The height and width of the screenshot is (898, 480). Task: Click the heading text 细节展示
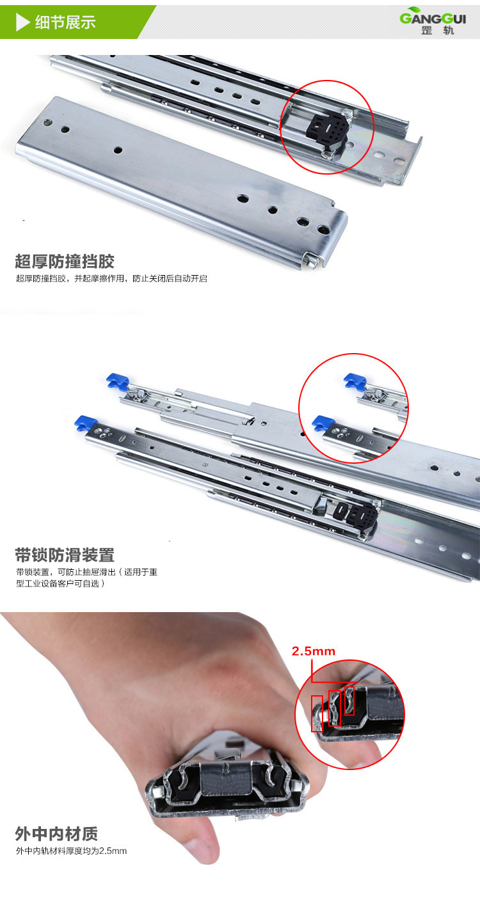pyautogui.click(x=65, y=22)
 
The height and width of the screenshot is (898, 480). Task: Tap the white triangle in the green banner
pyautogui.click(x=23, y=22)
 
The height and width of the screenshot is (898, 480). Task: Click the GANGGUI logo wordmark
pyautogui.click(x=433, y=17)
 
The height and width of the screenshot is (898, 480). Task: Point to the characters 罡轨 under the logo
pyautogui.click(x=437, y=31)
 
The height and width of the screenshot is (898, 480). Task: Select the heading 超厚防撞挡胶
pyautogui.click(x=65, y=262)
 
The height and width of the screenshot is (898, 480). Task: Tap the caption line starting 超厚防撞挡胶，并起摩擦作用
pyautogui.click(x=111, y=279)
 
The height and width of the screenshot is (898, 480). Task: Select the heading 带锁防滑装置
pyautogui.click(x=65, y=554)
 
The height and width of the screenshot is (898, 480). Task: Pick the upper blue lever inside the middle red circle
pyautogui.click(x=354, y=381)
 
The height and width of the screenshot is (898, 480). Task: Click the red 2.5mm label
pyautogui.click(x=314, y=651)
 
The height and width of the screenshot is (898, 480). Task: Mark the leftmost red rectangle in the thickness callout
pyautogui.click(x=316, y=714)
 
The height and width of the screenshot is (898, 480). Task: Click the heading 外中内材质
pyautogui.click(x=56, y=834)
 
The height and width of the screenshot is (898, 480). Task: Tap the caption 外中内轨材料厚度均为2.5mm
pyautogui.click(x=72, y=851)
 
